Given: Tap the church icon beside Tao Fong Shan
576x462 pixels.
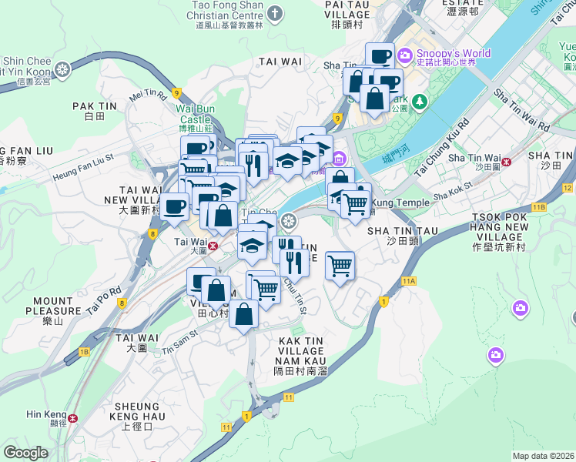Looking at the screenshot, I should (276, 14).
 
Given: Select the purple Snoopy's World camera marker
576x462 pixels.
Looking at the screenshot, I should (405, 55).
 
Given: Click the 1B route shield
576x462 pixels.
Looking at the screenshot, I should (84, 352).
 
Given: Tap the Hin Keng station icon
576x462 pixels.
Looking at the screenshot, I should (72, 418).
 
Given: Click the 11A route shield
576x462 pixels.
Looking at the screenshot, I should (408, 281).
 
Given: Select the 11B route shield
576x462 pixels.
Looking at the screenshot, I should (538, 207).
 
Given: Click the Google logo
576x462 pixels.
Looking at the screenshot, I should (26, 452).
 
